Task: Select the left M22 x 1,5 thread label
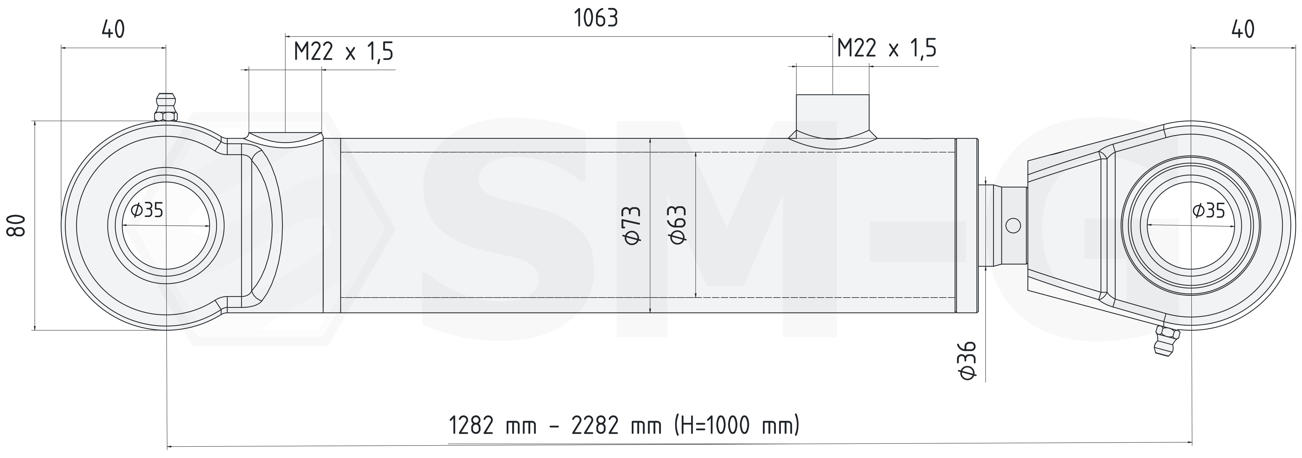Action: [344, 51]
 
